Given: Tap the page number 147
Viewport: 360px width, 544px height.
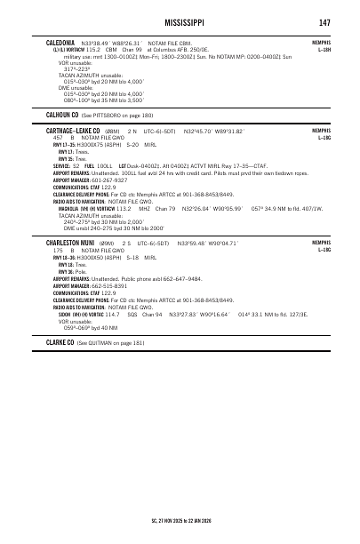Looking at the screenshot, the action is [x=324, y=20].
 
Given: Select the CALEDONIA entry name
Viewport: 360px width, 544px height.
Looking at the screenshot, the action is [x=61, y=42].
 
